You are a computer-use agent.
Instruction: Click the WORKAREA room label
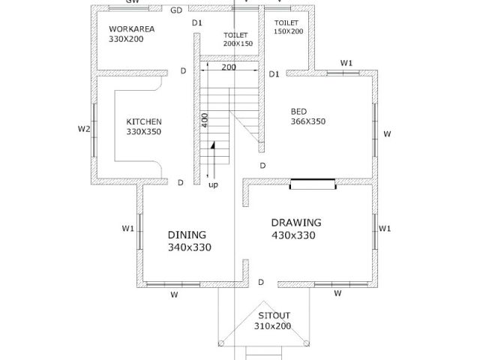(x=132, y=29)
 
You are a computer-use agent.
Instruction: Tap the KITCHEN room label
(x=144, y=121)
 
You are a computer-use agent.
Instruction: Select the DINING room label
(x=187, y=235)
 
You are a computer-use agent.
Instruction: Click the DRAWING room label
(x=296, y=223)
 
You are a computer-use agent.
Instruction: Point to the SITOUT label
(x=274, y=316)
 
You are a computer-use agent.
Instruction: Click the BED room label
(x=298, y=112)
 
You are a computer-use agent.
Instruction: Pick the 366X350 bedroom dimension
(x=308, y=121)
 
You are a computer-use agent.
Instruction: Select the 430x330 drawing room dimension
(x=293, y=235)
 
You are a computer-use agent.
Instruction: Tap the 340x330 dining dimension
(x=190, y=247)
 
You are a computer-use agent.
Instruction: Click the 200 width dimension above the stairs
(x=229, y=67)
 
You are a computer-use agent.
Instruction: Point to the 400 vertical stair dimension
(x=205, y=120)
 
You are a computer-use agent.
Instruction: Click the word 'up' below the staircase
(x=213, y=185)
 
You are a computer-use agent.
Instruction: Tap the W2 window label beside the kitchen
(x=84, y=129)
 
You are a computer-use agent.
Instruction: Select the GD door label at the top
(x=176, y=10)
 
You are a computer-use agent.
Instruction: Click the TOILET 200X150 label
(x=238, y=40)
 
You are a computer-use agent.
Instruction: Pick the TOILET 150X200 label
(x=288, y=27)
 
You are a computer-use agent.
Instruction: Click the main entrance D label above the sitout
(x=261, y=282)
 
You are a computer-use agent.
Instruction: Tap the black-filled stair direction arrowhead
(x=213, y=145)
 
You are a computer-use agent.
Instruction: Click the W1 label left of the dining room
(x=128, y=228)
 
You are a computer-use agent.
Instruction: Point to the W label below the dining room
(x=174, y=295)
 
